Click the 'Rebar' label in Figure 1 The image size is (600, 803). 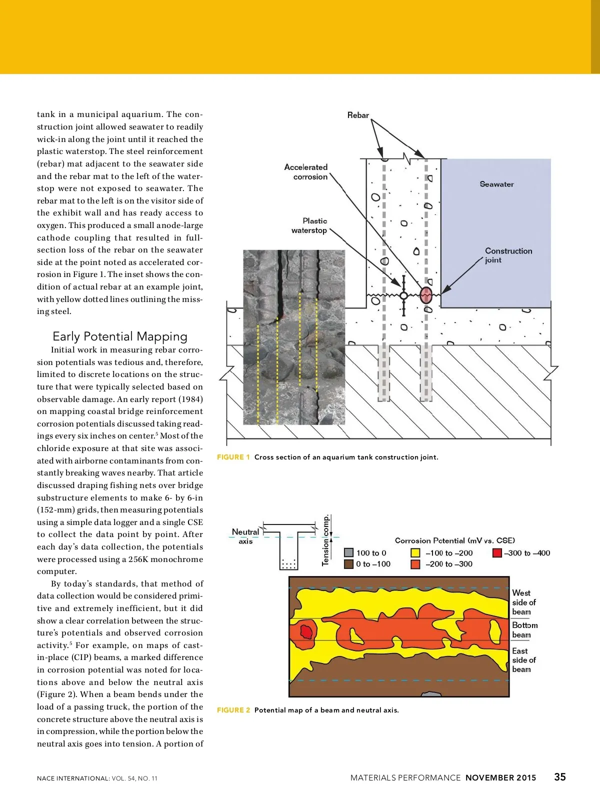358,115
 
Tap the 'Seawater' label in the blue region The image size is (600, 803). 496,184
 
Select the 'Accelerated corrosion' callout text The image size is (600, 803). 306,172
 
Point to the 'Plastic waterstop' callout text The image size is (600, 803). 309,225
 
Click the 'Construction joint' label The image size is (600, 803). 508,255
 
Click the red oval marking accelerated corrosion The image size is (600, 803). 425,295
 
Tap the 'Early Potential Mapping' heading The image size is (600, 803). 120,336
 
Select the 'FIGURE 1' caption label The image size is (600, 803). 233,457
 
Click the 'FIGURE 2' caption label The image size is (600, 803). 233,710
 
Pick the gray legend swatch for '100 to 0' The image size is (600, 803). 349,553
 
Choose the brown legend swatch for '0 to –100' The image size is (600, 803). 349,564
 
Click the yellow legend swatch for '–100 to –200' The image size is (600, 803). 415,553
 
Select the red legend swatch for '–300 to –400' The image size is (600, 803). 497,553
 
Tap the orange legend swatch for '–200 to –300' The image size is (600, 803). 415,564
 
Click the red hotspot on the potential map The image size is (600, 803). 306,632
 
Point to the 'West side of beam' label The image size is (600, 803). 523,602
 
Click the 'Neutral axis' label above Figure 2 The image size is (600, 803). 245,536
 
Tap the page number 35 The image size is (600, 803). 560,777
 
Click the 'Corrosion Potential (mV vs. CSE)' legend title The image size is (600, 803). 454,540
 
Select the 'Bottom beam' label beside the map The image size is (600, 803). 524,630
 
